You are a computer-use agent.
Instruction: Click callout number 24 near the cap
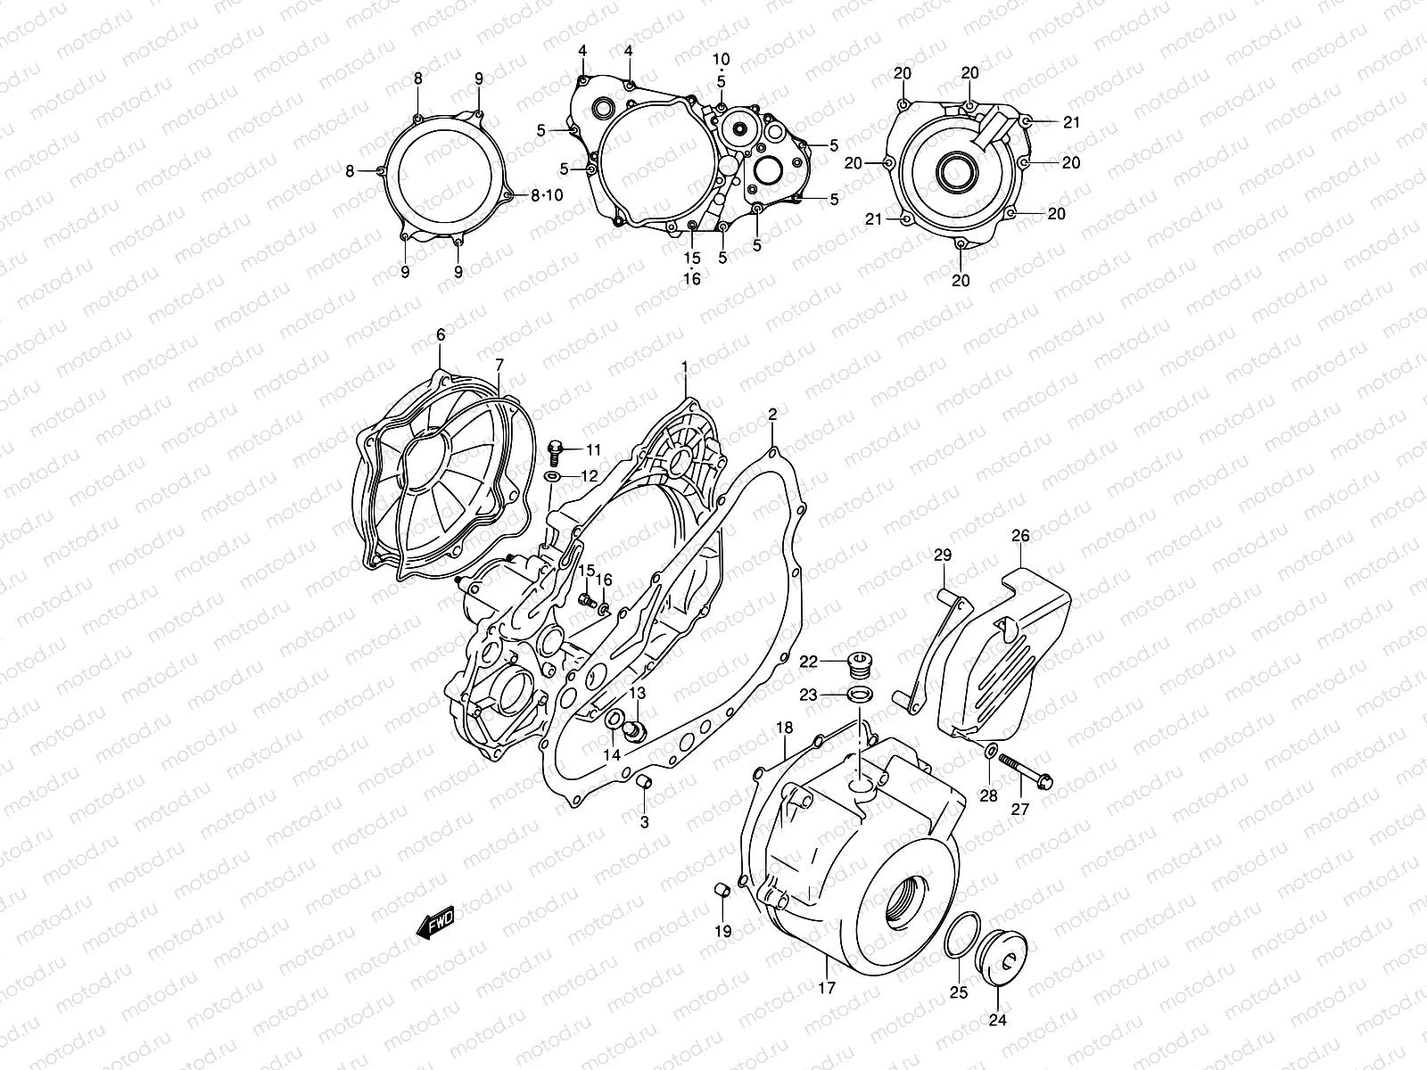tap(997, 1021)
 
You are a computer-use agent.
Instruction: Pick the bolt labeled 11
tap(554, 451)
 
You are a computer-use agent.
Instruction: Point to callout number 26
tap(1020, 536)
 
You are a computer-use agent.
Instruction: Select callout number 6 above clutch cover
tap(440, 335)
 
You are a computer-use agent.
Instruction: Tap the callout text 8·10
tap(547, 196)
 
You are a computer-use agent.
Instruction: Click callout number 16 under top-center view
tap(692, 278)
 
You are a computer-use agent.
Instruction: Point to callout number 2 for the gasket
tap(772, 414)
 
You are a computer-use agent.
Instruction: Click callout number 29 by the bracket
tap(943, 556)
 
